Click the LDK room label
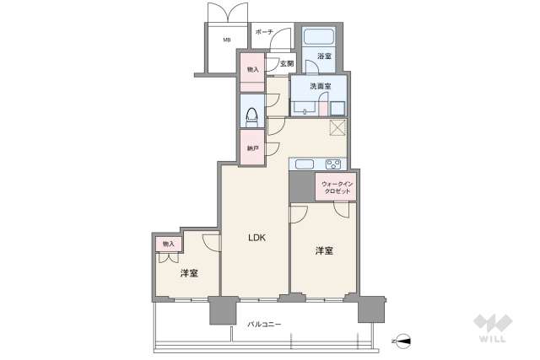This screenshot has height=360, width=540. pyautogui.click(x=256, y=238)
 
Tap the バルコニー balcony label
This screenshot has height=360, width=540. pyautogui.click(x=264, y=324)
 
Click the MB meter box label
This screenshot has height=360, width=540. pyautogui.click(x=227, y=40)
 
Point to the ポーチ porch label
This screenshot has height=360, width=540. pyautogui.click(x=263, y=33)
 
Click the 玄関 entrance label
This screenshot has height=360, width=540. pyautogui.click(x=286, y=64)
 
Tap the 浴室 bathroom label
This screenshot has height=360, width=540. pyautogui.click(x=324, y=56)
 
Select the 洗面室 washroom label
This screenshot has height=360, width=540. pyautogui.click(x=321, y=86)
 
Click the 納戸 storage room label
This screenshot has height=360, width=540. pyautogui.click(x=251, y=148)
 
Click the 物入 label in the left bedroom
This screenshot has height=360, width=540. pyautogui.click(x=168, y=244)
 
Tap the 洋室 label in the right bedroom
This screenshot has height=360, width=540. pyautogui.click(x=325, y=250)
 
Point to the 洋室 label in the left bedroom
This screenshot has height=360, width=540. pyautogui.click(x=188, y=274)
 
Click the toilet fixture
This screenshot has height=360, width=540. pyautogui.click(x=251, y=111)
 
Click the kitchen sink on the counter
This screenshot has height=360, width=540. pyautogui.click(x=304, y=164)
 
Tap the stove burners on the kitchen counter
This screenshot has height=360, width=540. pyautogui.click(x=333, y=164)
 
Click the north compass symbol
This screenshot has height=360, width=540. pyautogui.click(x=404, y=341)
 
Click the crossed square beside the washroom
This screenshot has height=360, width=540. pyautogui.click(x=337, y=128)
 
